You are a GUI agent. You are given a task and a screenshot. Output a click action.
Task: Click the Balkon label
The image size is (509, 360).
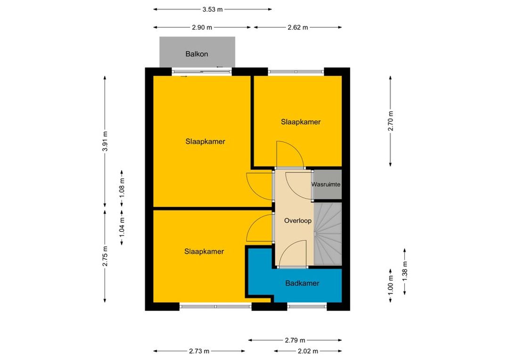pyautogui.click(x=197, y=54)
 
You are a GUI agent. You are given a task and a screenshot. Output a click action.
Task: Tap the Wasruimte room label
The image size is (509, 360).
pyautogui.click(x=326, y=184)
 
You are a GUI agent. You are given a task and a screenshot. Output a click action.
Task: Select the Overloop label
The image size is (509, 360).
pyautogui.click(x=298, y=221)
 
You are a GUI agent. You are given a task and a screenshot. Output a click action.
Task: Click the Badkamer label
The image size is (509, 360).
pyautogui.click(x=302, y=283)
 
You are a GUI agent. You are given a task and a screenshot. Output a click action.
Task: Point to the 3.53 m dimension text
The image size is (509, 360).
pyautogui.click(x=213, y=9)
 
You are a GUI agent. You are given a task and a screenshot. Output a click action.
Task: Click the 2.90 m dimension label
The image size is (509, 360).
pyautogui.click(x=202, y=28)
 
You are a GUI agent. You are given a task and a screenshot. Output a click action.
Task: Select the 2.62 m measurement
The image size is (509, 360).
pyautogui.click(x=298, y=28)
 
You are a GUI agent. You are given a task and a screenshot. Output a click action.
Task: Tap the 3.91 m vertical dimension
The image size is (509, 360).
pyautogui.click(x=105, y=141)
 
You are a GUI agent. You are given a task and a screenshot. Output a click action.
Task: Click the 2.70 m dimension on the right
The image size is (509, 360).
pyautogui.click(x=391, y=121)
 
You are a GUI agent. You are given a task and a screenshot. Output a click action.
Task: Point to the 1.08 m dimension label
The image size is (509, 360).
pyautogui.click(x=122, y=188)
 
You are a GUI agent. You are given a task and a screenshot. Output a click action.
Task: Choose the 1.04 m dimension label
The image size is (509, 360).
pyautogui.click(x=122, y=226)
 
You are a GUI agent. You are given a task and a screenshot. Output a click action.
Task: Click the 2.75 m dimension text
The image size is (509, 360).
pyautogui.click(x=105, y=256)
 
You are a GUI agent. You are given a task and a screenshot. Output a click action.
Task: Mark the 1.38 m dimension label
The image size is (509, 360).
pyautogui.click(x=405, y=271)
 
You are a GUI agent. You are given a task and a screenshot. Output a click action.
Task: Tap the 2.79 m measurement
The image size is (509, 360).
pyautogui.click(x=295, y=340)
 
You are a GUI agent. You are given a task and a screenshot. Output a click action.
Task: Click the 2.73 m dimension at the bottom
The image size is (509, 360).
pyautogui.click(x=199, y=351)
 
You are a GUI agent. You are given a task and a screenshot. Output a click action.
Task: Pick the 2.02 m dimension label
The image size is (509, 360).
pyautogui.click(x=308, y=351)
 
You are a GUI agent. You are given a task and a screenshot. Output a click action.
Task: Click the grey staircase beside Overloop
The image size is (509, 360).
pyautogui.click(x=328, y=234)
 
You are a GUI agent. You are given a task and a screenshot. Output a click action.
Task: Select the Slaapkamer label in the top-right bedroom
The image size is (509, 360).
pyautogui.click(x=301, y=122)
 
